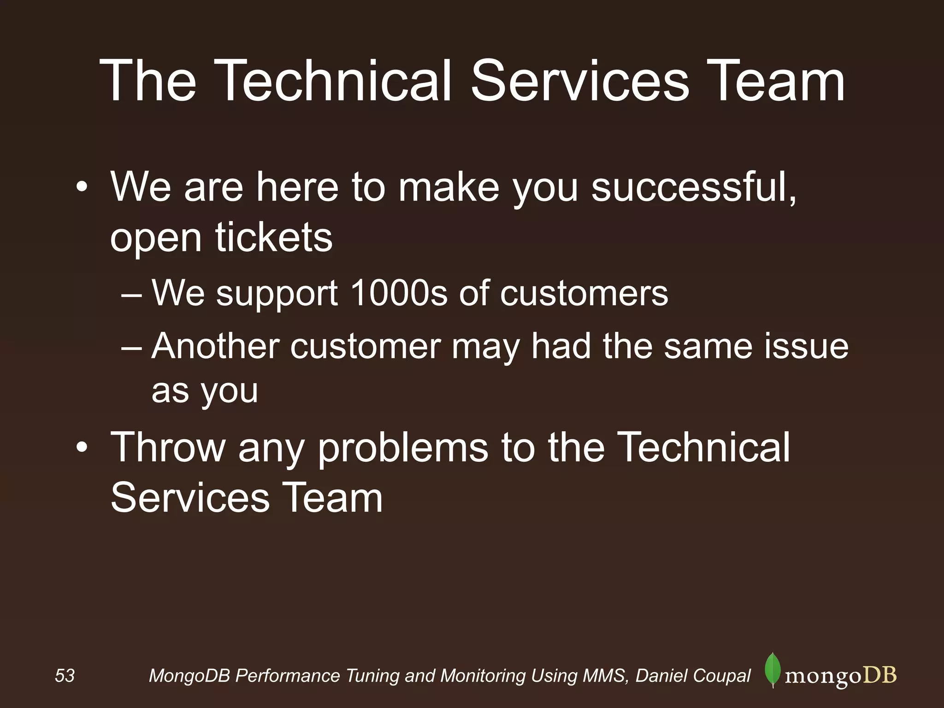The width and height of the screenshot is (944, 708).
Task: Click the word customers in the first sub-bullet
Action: click(x=584, y=294)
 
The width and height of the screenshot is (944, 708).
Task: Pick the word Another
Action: click(x=215, y=346)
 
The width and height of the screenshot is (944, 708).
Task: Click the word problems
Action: click(x=403, y=448)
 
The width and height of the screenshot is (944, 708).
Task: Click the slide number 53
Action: click(x=65, y=676)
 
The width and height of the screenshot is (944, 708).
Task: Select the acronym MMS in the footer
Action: click(x=604, y=676)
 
